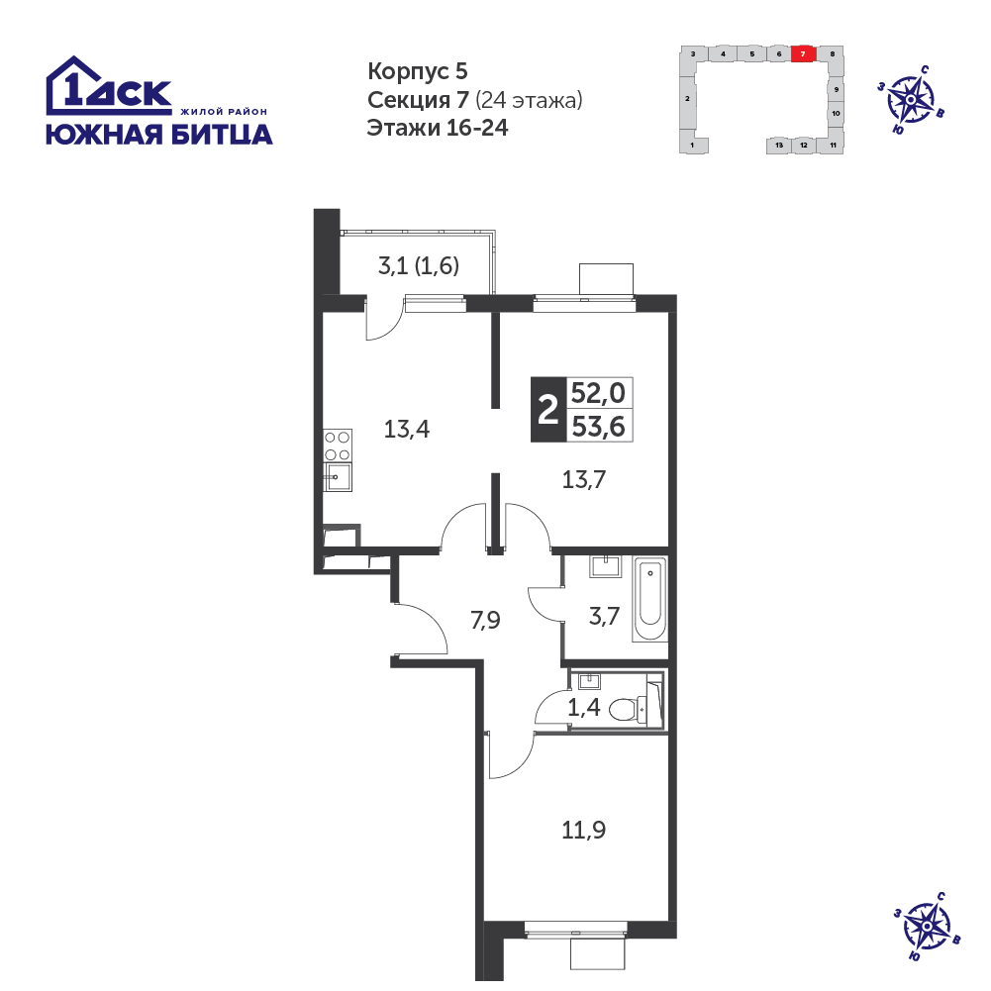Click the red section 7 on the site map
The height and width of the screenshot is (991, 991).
(x=803, y=53)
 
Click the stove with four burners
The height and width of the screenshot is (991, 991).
(x=338, y=446)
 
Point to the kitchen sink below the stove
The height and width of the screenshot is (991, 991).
(x=338, y=476)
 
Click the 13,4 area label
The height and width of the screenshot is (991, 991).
(x=407, y=430)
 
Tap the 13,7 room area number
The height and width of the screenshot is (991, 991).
(x=584, y=480)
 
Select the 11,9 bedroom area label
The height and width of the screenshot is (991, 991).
(x=583, y=830)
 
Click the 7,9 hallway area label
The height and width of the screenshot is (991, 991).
(x=485, y=620)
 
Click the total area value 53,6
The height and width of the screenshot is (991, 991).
(x=598, y=427)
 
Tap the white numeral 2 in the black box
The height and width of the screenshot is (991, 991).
(x=547, y=410)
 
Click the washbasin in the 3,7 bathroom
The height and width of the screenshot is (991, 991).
(x=606, y=566)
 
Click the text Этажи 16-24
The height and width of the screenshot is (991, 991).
(x=438, y=128)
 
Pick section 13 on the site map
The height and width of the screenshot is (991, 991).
(x=779, y=145)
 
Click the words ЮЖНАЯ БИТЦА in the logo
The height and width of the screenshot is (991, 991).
(x=159, y=134)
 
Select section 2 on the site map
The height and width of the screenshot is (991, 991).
(x=687, y=99)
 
